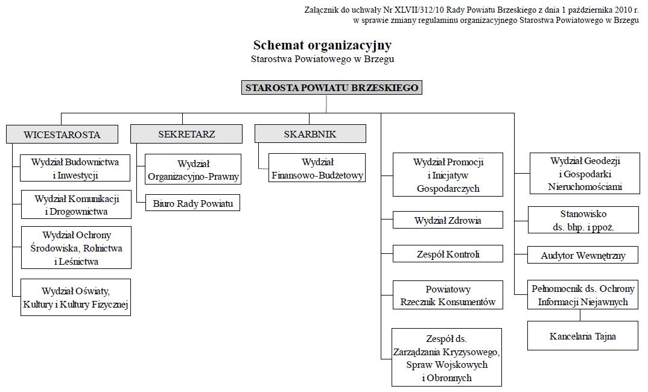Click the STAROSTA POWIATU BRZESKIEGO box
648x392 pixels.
coord(331,87)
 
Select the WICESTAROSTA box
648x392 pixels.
coord(62,134)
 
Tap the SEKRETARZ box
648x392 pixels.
coord(186,134)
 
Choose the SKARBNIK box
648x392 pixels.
coord(310,134)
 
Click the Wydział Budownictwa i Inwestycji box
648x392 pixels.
coord(75,168)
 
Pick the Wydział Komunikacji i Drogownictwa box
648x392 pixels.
coord(77,204)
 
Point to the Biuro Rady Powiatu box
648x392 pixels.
coord(192,203)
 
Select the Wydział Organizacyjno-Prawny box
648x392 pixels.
coord(193,169)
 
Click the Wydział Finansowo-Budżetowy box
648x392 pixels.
coord(317,168)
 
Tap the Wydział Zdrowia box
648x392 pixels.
coord(448,220)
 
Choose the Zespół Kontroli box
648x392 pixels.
coord(448,254)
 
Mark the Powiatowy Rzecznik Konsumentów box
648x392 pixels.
coord(448,295)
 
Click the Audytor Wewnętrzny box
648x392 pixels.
coord(583,255)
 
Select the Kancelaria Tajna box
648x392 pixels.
coord(583,336)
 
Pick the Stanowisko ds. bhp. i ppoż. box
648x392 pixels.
coord(583,220)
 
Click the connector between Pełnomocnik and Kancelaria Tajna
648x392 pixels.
coord(580,315)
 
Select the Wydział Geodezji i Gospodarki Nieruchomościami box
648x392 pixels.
coord(585,174)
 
